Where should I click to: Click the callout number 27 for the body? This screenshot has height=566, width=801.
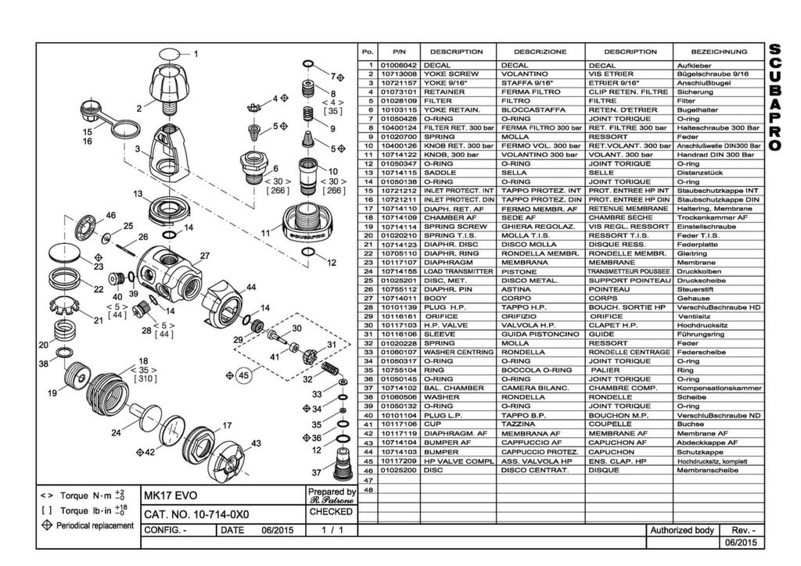pyautogui.click(x=205, y=256)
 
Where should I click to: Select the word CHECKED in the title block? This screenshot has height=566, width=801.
pyautogui.click(x=331, y=512)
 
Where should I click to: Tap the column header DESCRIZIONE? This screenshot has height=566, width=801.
pyautogui.click(x=541, y=52)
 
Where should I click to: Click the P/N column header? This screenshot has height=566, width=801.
pyautogui.click(x=398, y=52)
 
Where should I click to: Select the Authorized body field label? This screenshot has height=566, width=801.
pyautogui.click(x=681, y=530)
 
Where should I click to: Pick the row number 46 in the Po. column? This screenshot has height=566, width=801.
pyautogui.click(x=367, y=471)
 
